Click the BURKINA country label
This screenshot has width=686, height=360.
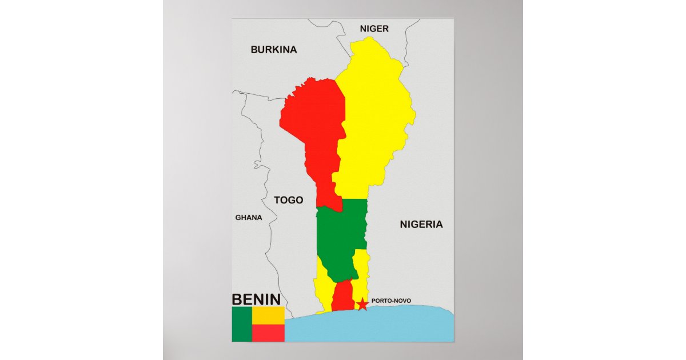pyautogui.click(x=274, y=50)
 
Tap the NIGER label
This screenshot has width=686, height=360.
pyautogui.click(x=374, y=29)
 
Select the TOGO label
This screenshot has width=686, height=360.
pyautogui.click(x=288, y=200)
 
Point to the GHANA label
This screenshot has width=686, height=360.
pyautogui.click(x=249, y=218)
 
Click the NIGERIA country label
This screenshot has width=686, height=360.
pyautogui.click(x=421, y=225)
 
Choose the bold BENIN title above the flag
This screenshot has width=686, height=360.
pyautogui.click(x=256, y=299)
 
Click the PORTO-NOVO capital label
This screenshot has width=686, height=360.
pyautogui.click(x=390, y=301)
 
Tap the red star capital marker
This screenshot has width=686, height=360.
pyautogui.click(x=362, y=304)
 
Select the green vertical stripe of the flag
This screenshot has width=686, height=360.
pyautogui.click(x=241, y=324)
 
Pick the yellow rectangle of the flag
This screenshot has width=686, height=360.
pyautogui.click(x=268, y=315)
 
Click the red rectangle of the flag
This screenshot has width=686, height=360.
pyautogui.click(x=268, y=333)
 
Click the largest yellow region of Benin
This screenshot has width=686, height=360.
pyautogui.click(x=374, y=114)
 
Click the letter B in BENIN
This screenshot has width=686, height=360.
pyautogui.click(x=237, y=299)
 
